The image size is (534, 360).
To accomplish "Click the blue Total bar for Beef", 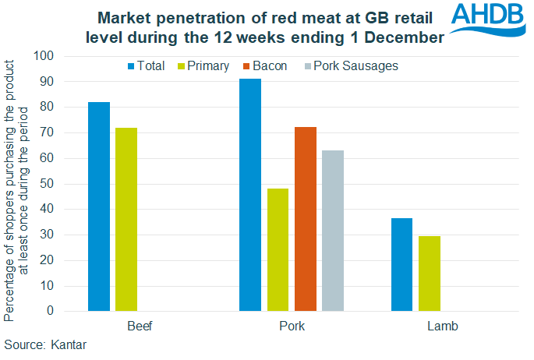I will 99,206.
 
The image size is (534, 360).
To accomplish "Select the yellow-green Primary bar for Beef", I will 126,219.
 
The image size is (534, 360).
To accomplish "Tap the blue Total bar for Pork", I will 250,195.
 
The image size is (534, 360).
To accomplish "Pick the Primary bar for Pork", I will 278,249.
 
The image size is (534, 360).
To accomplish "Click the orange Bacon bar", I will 306,219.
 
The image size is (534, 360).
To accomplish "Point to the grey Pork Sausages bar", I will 333,231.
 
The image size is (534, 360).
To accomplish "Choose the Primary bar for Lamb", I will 429,274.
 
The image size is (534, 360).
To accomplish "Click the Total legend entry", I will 144,66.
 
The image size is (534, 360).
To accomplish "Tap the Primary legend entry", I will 205,66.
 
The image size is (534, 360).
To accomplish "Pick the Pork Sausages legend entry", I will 349,66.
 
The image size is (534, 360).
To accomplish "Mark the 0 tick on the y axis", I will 49,311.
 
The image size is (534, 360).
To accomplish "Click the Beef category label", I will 138,326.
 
